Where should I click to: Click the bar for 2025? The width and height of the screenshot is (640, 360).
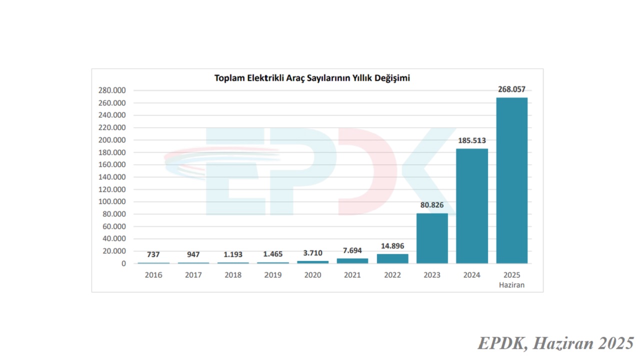[x=511, y=180]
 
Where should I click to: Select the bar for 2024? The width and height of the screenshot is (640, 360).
[x=472, y=205]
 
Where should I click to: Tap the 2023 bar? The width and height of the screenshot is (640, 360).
[x=432, y=238]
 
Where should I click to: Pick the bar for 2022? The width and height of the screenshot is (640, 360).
[x=392, y=258]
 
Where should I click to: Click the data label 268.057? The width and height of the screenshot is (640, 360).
[x=511, y=89]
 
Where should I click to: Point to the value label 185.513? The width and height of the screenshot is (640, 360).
[x=472, y=140]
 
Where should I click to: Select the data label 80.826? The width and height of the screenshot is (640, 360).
[x=432, y=205]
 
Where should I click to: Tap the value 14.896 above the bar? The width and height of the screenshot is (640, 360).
[x=392, y=246]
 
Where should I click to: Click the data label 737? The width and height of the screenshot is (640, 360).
[x=153, y=254]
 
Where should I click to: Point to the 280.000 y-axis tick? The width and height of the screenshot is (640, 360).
[x=112, y=90]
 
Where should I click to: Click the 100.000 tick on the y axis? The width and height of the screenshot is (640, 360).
[x=112, y=202]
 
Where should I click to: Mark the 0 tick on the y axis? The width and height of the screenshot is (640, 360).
[x=123, y=263]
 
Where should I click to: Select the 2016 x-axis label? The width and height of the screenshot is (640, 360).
[x=153, y=275]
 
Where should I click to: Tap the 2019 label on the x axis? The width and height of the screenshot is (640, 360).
[x=273, y=275]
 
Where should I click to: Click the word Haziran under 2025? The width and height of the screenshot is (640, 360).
[x=511, y=285]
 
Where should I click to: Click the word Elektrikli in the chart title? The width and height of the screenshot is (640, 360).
[x=267, y=78]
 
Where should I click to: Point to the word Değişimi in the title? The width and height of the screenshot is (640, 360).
[x=392, y=78]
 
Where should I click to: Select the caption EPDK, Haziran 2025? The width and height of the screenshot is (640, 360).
[x=555, y=343]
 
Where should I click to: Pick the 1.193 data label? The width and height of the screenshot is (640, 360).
[x=233, y=254]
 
